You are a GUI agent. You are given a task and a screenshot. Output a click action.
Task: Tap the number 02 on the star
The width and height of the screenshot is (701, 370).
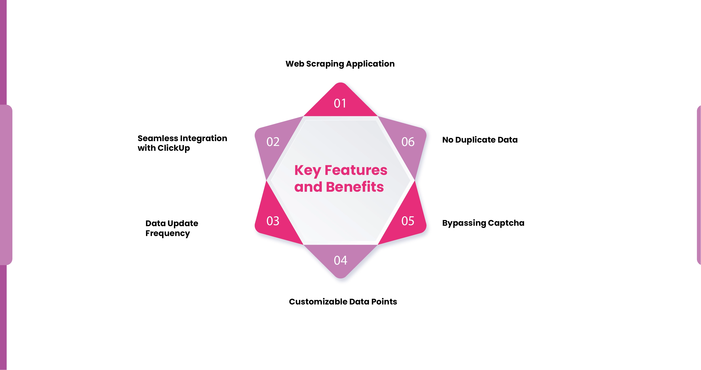click(x=273, y=142)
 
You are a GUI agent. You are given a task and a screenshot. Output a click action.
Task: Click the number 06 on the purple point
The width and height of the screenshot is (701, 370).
click(x=408, y=142)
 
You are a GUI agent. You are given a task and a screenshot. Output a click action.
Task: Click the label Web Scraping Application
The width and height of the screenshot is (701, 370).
click(x=340, y=64)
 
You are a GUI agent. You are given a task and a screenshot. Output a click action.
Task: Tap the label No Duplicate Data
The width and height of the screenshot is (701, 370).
click(x=480, y=140)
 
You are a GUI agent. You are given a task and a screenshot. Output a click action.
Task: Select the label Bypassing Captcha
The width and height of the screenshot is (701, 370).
click(x=483, y=223)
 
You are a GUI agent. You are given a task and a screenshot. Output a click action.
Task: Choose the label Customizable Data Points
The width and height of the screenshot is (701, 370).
click(x=343, y=302)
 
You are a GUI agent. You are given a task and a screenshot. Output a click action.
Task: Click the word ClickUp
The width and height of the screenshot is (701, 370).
click(x=174, y=148)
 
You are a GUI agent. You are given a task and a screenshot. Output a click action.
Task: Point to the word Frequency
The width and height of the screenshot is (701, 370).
click(x=168, y=233)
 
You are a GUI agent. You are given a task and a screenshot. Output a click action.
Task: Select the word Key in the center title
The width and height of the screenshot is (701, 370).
click(x=307, y=171)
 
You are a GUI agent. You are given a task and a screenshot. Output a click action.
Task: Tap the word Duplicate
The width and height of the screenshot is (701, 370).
click(x=475, y=140)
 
